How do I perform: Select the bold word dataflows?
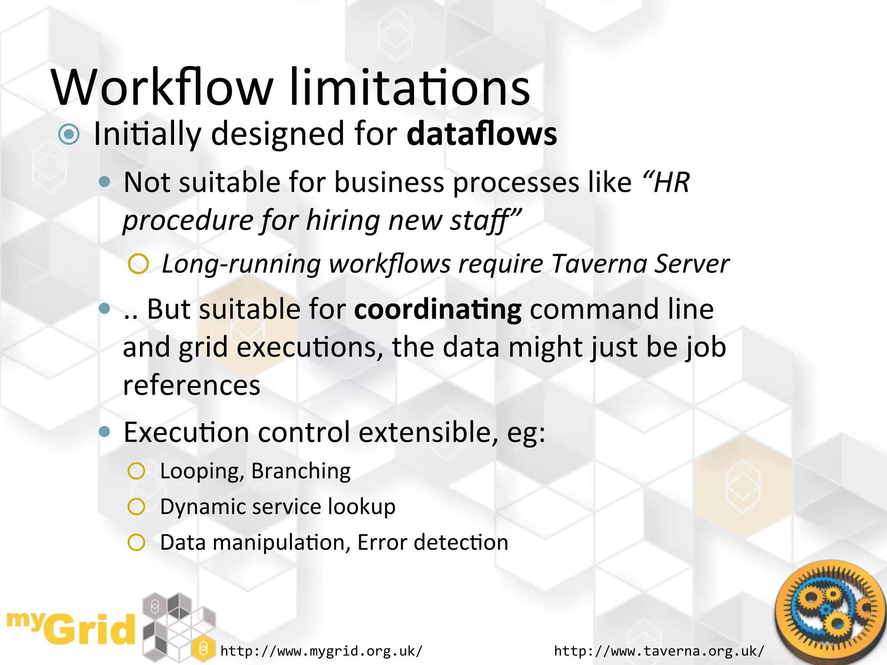click(x=482, y=134)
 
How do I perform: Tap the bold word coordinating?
click(x=438, y=310)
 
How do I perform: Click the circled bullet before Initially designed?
click(x=69, y=134)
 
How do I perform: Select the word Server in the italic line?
click(x=692, y=264)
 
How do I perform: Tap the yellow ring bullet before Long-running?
click(x=139, y=264)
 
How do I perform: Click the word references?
click(x=191, y=385)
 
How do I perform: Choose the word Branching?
click(x=301, y=471)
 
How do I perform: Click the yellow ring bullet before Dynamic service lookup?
click(x=136, y=507)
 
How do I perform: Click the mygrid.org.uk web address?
click(x=321, y=651)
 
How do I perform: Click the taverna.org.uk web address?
click(x=659, y=651)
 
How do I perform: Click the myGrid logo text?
click(x=71, y=629)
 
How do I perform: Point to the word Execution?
click(x=186, y=432)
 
